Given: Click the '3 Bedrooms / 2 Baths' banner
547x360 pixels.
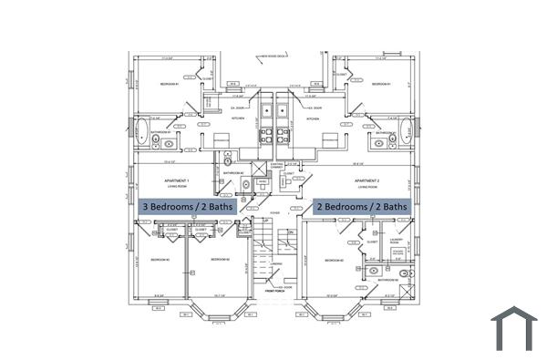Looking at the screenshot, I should (x=186, y=207).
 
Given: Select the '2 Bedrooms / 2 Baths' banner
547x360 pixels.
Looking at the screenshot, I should (x=362, y=207).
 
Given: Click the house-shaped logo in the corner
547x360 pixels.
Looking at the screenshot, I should (x=514, y=328).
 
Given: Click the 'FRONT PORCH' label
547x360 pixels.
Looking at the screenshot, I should (x=273, y=292).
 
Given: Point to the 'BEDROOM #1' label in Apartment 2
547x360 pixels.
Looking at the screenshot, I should (x=381, y=84).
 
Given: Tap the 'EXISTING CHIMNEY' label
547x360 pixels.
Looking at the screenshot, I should (x=277, y=166).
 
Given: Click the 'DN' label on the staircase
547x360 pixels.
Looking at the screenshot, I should (x=290, y=233).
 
